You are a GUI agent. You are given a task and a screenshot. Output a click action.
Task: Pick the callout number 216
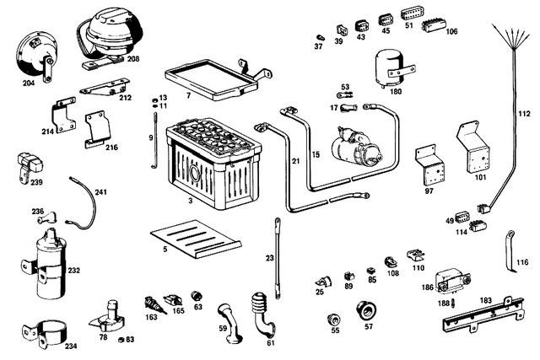[111, 147]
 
